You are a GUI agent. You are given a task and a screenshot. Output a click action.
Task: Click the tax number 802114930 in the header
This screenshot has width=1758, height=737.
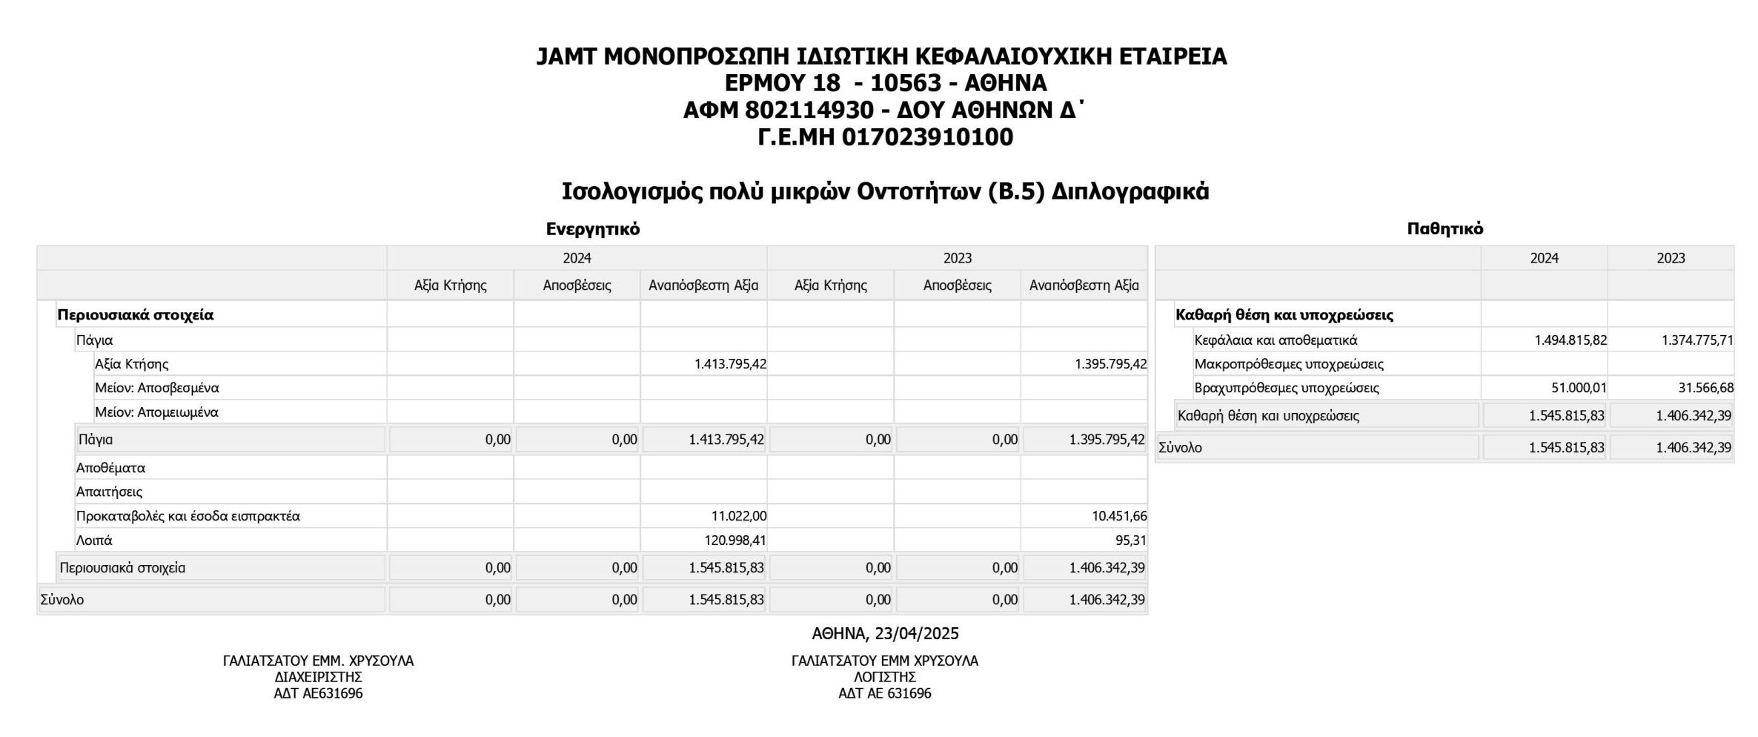point(809,110)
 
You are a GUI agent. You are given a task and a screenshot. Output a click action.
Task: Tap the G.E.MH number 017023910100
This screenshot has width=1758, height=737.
point(927,138)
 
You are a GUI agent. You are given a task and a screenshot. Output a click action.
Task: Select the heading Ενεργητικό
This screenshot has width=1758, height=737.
point(592,229)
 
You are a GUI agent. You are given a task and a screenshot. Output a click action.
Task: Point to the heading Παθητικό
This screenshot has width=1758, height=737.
point(1444,229)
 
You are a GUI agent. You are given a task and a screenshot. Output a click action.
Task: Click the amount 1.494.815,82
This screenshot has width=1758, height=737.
point(1570,340)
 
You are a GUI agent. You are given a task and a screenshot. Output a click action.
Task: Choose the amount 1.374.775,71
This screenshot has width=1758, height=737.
point(1697,340)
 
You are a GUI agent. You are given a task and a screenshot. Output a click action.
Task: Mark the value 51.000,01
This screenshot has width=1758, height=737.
point(1579,388)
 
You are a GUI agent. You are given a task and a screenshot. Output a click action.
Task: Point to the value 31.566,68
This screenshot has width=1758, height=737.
point(1705,388)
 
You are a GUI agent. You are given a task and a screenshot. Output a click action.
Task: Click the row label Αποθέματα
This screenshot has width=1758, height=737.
point(110,468)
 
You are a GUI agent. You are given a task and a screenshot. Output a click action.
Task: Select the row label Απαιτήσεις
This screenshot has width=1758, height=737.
point(109,492)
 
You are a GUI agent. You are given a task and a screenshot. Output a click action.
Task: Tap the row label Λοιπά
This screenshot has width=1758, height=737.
point(94,541)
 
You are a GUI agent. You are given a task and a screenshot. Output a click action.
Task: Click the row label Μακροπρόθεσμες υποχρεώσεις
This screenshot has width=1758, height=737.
point(1289,364)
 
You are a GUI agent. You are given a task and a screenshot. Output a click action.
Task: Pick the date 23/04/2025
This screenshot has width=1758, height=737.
point(916,634)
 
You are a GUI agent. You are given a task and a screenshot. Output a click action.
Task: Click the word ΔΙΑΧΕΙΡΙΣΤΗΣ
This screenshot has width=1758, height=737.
point(318,677)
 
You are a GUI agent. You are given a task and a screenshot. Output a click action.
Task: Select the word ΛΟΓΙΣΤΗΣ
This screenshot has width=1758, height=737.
point(884,677)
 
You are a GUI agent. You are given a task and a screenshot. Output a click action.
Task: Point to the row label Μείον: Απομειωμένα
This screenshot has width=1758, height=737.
point(156,412)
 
